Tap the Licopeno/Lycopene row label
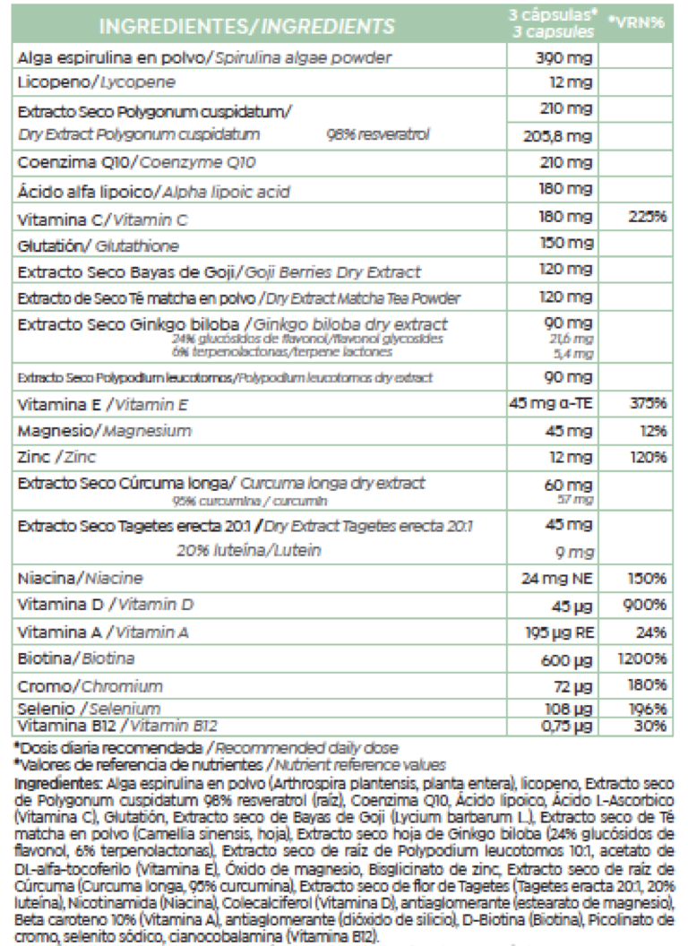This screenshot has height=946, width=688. pyautogui.click(x=108, y=82)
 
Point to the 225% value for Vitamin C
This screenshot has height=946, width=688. pyautogui.click(x=647, y=217)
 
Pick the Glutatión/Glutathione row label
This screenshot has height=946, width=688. pyautogui.click(x=99, y=245)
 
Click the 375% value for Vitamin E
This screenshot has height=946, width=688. pyautogui.click(x=647, y=403)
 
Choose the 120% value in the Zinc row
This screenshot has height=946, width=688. pyautogui.click(x=647, y=457)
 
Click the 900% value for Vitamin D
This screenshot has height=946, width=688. pyautogui.click(x=646, y=606)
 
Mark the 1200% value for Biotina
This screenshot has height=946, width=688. pyautogui.click(x=642, y=659)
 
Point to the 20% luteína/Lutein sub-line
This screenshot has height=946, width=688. pyautogui.click(x=248, y=549)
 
